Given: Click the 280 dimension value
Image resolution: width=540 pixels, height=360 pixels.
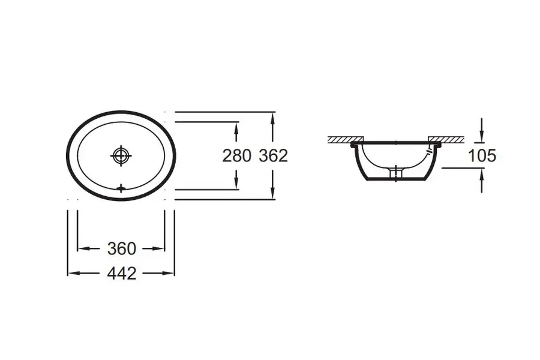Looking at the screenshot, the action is (x=236, y=156).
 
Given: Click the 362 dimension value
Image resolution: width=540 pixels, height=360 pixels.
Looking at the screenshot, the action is (x=274, y=156).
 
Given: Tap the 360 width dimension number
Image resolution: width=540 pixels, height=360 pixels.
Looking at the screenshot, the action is (x=122, y=249).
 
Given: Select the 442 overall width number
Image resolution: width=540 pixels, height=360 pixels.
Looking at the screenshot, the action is (x=122, y=274).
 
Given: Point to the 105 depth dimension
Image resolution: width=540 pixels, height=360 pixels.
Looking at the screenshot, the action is (x=482, y=156).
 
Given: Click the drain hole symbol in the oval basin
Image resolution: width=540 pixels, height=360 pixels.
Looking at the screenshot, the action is (x=121, y=156).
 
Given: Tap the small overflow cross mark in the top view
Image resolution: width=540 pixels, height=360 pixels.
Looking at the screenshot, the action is (x=121, y=188).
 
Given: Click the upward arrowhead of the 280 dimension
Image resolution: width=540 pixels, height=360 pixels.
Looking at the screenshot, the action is (x=236, y=127).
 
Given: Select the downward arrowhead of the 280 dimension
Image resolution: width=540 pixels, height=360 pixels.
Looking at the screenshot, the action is (x=236, y=184).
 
